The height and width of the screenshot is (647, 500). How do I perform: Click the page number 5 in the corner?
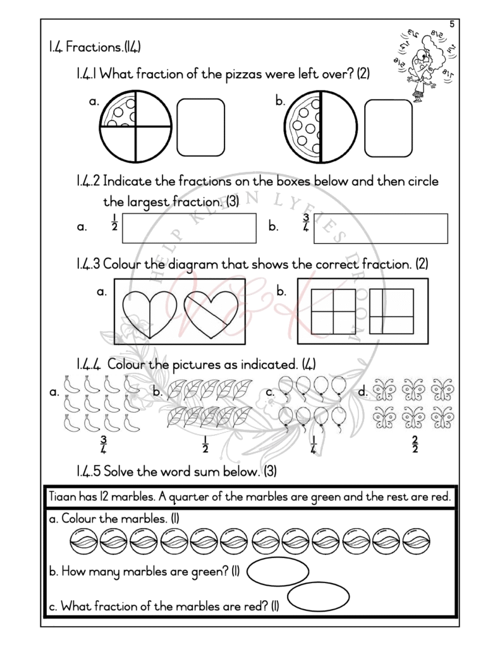click(x=452, y=24)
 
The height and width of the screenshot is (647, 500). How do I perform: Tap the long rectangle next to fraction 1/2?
click(x=189, y=227)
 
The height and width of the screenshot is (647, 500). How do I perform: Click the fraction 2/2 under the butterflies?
click(x=414, y=444)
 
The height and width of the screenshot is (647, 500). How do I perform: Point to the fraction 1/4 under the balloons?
click(x=314, y=444)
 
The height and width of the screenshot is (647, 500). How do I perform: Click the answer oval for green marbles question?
click(x=277, y=572)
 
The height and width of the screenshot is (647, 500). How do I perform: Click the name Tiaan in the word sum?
click(x=62, y=497)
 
